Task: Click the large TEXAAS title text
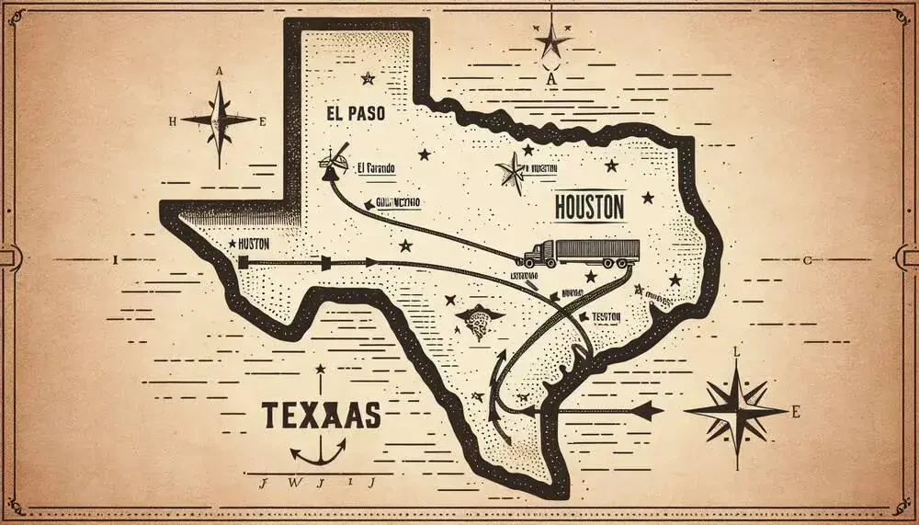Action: point(322,415)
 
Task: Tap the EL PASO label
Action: point(354,115)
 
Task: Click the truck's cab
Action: point(541,255)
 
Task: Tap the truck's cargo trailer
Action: point(598,250)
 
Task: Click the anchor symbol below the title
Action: point(317,450)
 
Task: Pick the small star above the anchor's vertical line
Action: point(320,370)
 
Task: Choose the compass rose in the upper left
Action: point(219,120)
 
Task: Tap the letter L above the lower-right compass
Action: point(735,352)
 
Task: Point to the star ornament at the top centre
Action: point(552,40)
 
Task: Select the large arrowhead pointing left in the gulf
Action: point(648,409)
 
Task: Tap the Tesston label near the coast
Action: point(604,315)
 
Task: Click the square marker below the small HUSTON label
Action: point(244,263)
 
